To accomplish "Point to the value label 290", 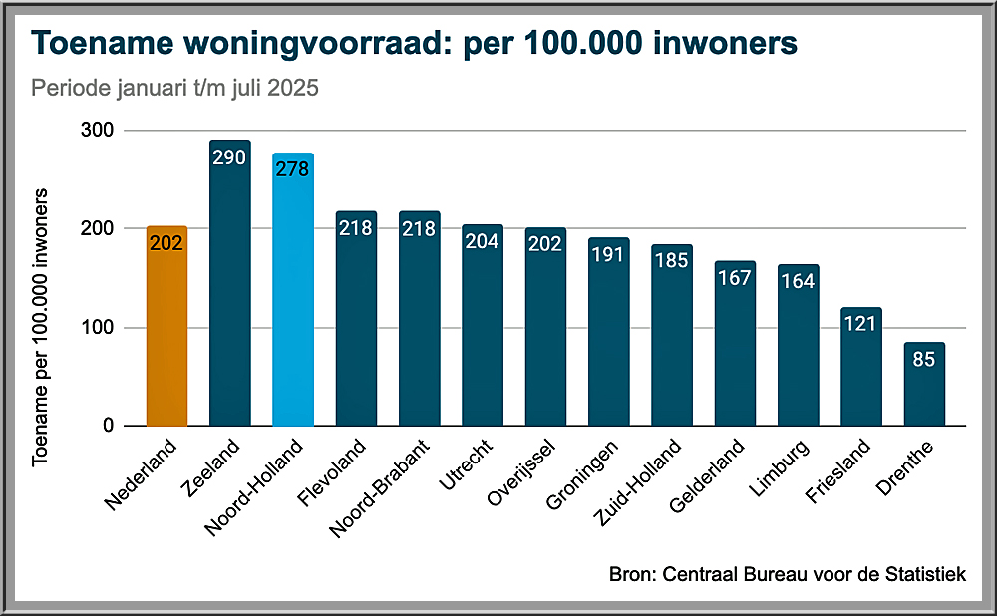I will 229,157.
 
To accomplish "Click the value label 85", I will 924,359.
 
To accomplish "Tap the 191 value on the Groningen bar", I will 608,254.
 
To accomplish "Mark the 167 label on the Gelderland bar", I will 735,278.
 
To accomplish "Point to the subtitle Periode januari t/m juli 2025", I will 174,88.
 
